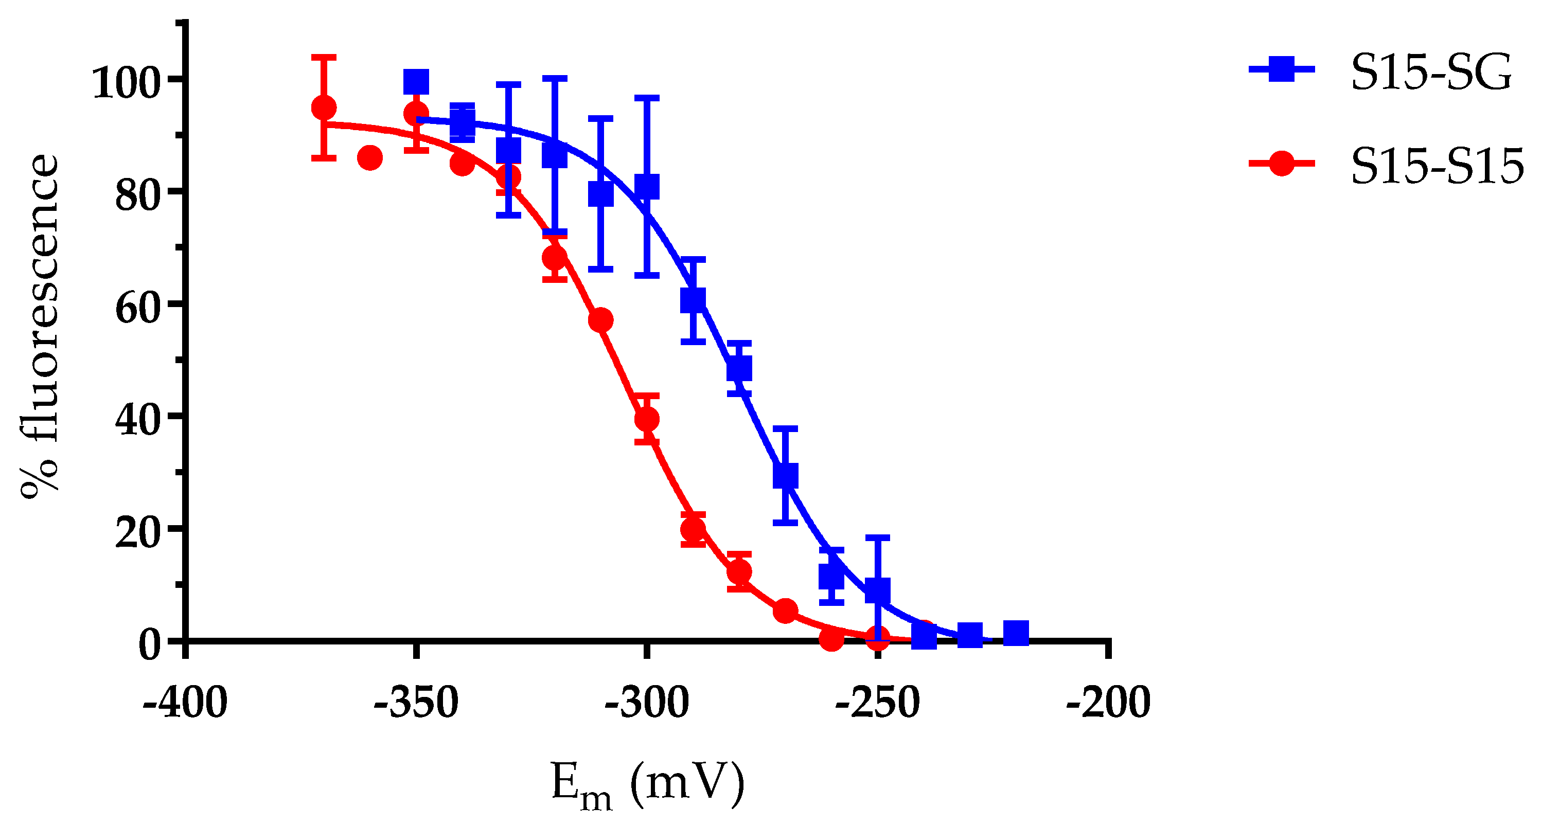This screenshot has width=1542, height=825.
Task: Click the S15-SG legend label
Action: pyautogui.click(x=1431, y=73)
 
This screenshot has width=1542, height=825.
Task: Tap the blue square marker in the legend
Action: pyautogui.click(x=1281, y=69)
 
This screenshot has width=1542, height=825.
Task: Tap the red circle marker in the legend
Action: pyautogui.click(x=1281, y=163)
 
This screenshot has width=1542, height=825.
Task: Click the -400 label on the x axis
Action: pyautogui.click(x=185, y=703)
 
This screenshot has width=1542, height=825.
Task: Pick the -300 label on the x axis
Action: pyautogui.click(x=647, y=703)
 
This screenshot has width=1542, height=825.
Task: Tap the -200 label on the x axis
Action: pyautogui.click(x=1108, y=703)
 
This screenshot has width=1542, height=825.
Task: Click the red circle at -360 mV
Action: pyautogui.click(x=370, y=158)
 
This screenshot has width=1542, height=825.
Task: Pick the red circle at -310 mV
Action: pyautogui.click(x=600, y=320)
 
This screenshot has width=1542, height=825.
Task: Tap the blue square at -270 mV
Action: pyautogui.click(x=785, y=476)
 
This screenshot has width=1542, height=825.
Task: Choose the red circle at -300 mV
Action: pyautogui.click(x=647, y=419)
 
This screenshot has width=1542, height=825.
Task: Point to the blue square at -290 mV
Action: pyautogui.click(x=693, y=300)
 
